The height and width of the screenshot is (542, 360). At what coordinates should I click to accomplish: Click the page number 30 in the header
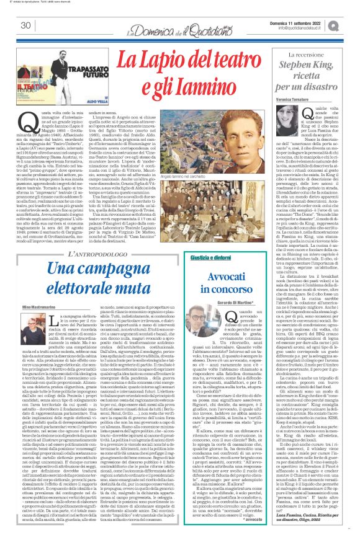25,25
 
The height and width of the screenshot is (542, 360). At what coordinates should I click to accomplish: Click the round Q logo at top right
351,24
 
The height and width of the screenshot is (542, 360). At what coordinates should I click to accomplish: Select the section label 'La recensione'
313,55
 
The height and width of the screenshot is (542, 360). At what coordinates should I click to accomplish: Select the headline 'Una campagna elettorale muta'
103,242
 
